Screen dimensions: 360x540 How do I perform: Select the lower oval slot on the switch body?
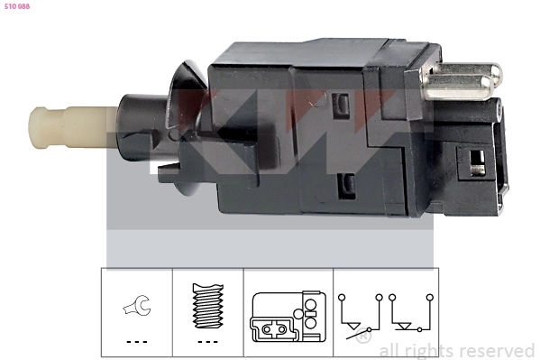tap(343, 188)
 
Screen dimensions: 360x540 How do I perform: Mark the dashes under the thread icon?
tap(208, 342)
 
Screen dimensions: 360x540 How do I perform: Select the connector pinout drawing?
tap(288, 317)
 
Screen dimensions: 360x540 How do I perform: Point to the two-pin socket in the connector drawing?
tap(277, 332)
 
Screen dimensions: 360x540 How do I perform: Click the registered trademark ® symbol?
tap(363, 338)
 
